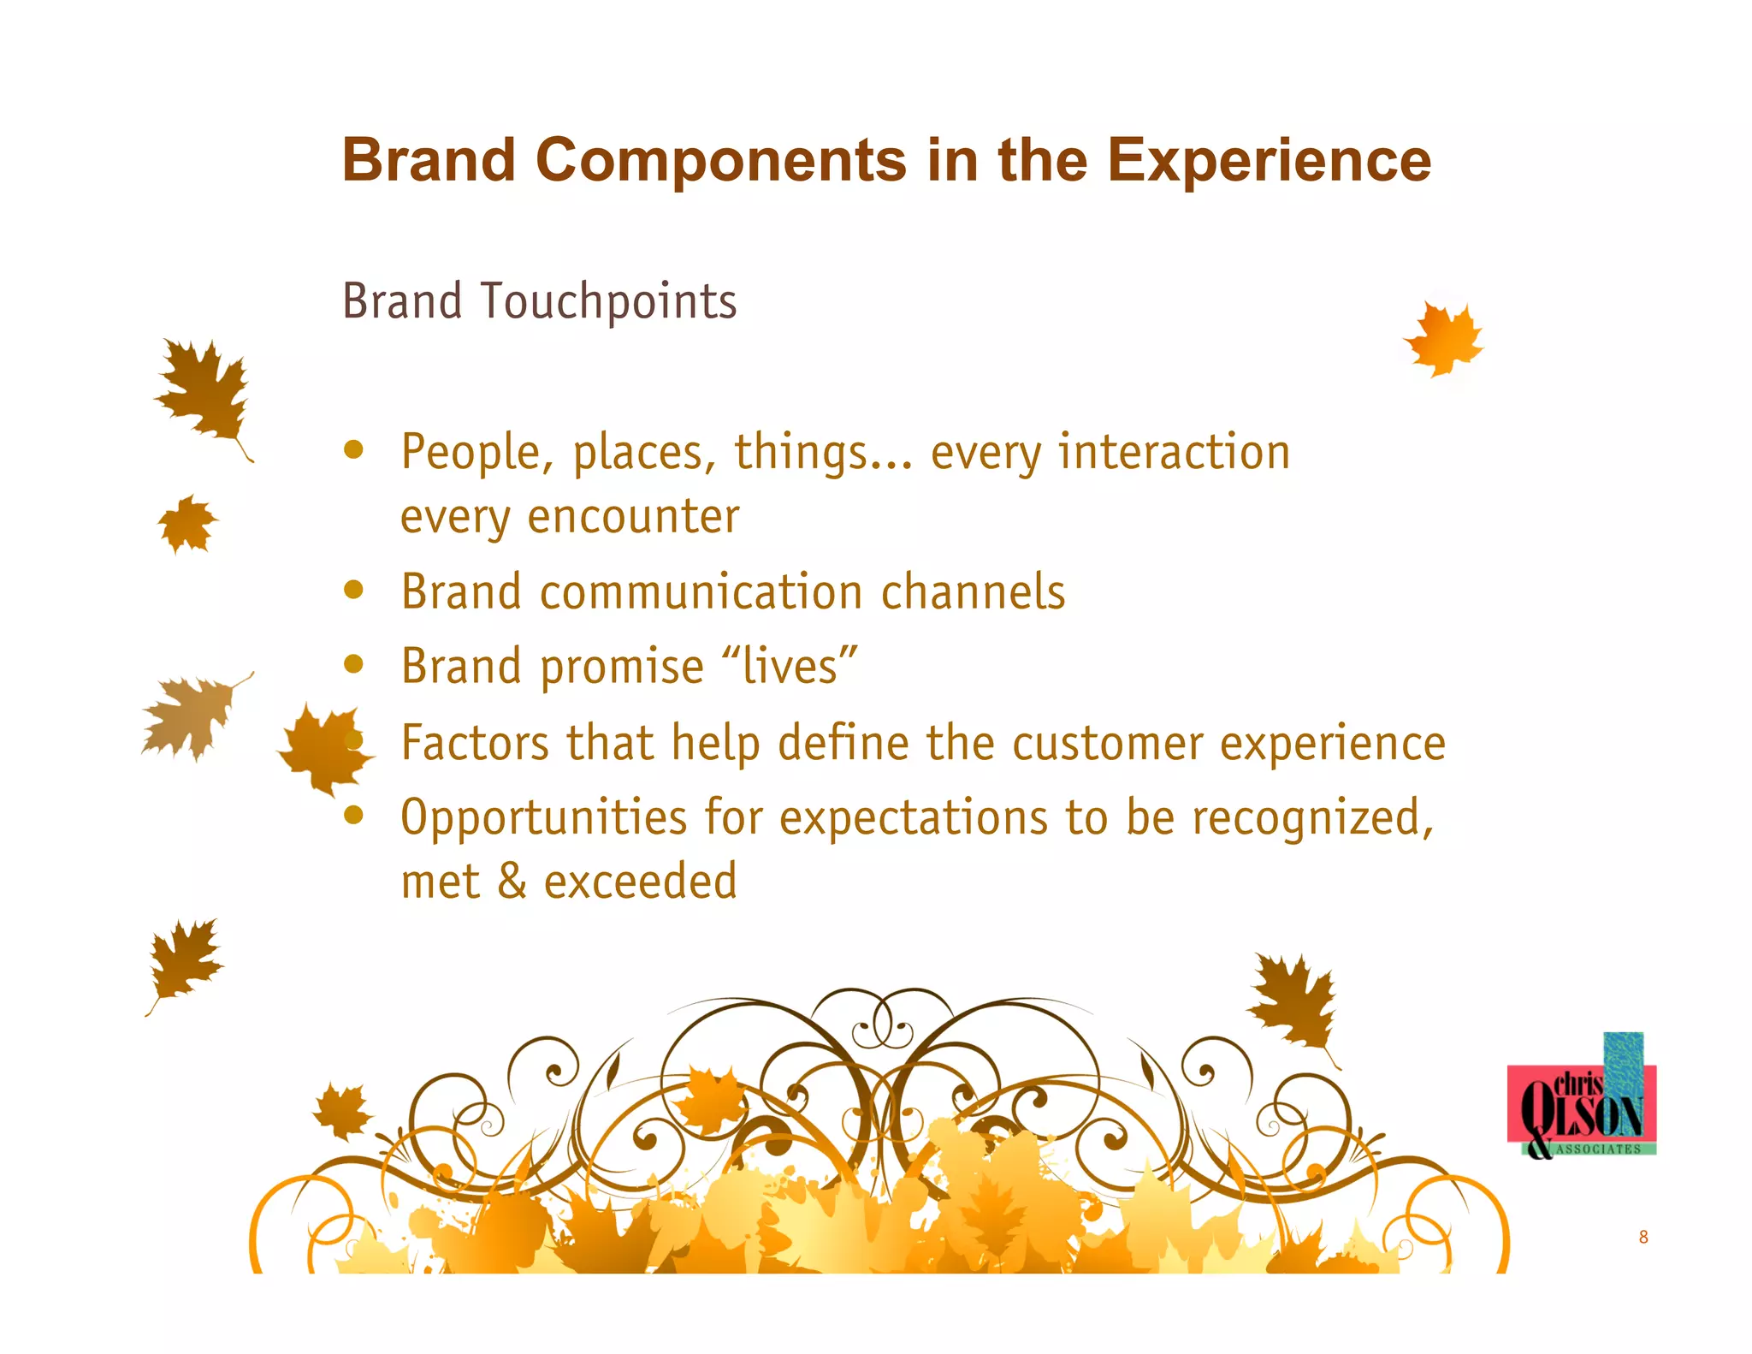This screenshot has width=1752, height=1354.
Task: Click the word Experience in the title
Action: tap(1269, 160)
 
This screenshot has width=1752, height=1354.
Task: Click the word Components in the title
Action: tap(720, 160)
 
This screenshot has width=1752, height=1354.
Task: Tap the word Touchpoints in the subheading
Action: tap(608, 301)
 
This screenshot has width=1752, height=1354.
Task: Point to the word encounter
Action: tap(633, 516)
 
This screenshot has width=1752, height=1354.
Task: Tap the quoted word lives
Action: tap(790, 667)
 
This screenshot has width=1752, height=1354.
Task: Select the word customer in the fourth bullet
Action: tap(1108, 742)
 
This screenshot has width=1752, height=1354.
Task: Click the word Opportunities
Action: tap(543, 817)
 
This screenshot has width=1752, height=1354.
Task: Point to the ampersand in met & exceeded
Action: tap(512, 882)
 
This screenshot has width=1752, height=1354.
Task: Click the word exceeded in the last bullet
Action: tap(640, 882)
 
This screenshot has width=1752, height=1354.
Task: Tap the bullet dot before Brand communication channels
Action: tap(353, 589)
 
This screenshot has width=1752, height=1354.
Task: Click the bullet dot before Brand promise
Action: tap(353, 664)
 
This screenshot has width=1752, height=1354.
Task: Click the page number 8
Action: tap(1642, 1237)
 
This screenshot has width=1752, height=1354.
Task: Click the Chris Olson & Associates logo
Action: tap(1581, 1104)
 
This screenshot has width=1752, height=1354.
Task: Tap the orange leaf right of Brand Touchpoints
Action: tap(1444, 339)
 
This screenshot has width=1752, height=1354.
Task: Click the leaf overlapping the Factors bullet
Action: tap(323, 747)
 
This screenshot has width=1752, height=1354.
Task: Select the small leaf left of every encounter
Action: tap(187, 523)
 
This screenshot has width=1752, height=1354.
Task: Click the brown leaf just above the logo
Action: tap(1293, 1001)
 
